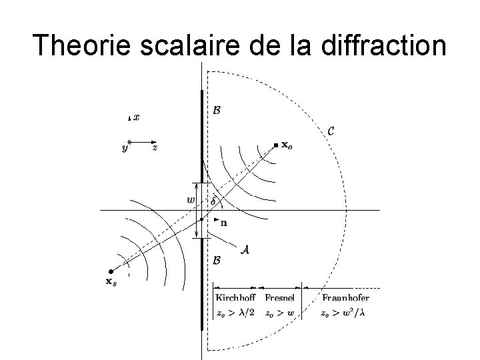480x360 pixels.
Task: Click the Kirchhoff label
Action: pos(235,297)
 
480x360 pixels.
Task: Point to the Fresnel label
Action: pos(280,297)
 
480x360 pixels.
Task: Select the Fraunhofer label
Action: pos(345,297)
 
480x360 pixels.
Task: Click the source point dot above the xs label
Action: pos(111,272)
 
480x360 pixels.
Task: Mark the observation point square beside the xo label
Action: pos(275,145)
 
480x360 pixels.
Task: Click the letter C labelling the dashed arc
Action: pos(331,131)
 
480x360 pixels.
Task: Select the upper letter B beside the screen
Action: pos(216,110)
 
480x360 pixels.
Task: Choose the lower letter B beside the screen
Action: pos(216,261)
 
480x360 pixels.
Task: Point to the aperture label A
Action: pos(245,248)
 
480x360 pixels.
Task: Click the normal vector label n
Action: pos(223,223)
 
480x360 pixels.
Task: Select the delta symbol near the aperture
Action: pos(213,201)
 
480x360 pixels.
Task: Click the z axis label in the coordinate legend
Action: pos(155,148)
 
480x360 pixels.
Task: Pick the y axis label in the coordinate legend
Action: pos(125,148)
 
